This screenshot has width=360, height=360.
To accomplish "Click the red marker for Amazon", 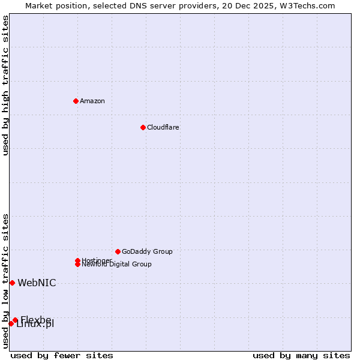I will [x=76, y=101].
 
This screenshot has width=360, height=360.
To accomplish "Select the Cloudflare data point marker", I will [x=143, y=127].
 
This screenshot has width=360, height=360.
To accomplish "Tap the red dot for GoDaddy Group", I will [x=118, y=251].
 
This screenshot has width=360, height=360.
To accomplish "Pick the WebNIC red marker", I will [x=12, y=283].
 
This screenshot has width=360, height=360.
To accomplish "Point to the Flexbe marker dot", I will [x=15, y=320].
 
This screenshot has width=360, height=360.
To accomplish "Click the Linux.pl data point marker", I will [x=11, y=324].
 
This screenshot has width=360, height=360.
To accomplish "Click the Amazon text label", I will [x=92, y=101].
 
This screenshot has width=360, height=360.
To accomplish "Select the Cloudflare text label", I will [x=163, y=127].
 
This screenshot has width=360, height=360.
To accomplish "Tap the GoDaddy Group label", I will [x=147, y=251].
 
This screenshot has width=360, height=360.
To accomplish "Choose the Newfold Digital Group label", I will [x=117, y=265].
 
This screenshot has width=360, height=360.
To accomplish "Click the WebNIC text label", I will [x=37, y=283].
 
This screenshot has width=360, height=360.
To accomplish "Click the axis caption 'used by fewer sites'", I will [x=62, y=355].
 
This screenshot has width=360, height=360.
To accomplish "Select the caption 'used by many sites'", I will [x=301, y=355].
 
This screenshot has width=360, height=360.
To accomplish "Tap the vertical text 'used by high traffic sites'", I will [x=5, y=85].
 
